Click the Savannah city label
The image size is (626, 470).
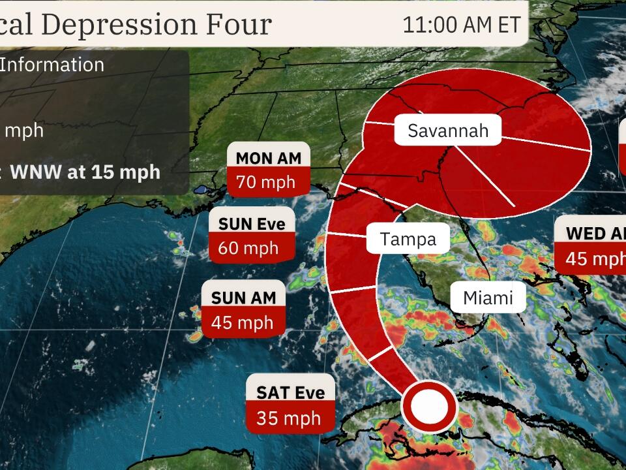coord(447,131)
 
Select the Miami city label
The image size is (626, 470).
coord(488,298)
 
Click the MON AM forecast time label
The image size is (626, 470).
coord(269,158)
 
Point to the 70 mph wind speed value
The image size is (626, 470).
coord(265,182)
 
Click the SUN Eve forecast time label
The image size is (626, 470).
coord(252,224)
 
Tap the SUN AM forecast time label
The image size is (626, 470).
coord(244,298)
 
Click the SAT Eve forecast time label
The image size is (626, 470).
coord(290,392)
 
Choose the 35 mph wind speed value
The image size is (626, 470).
coord(288,418)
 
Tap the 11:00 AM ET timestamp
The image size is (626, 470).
coord(461,25)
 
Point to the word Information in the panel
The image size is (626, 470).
coord(52,65)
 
